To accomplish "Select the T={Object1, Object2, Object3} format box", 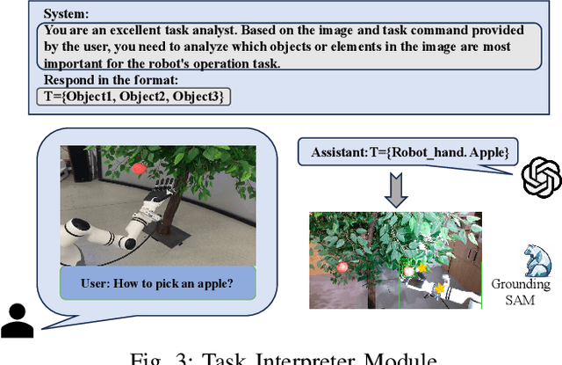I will click(134, 97).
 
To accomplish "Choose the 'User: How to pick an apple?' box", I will click(157, 283).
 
